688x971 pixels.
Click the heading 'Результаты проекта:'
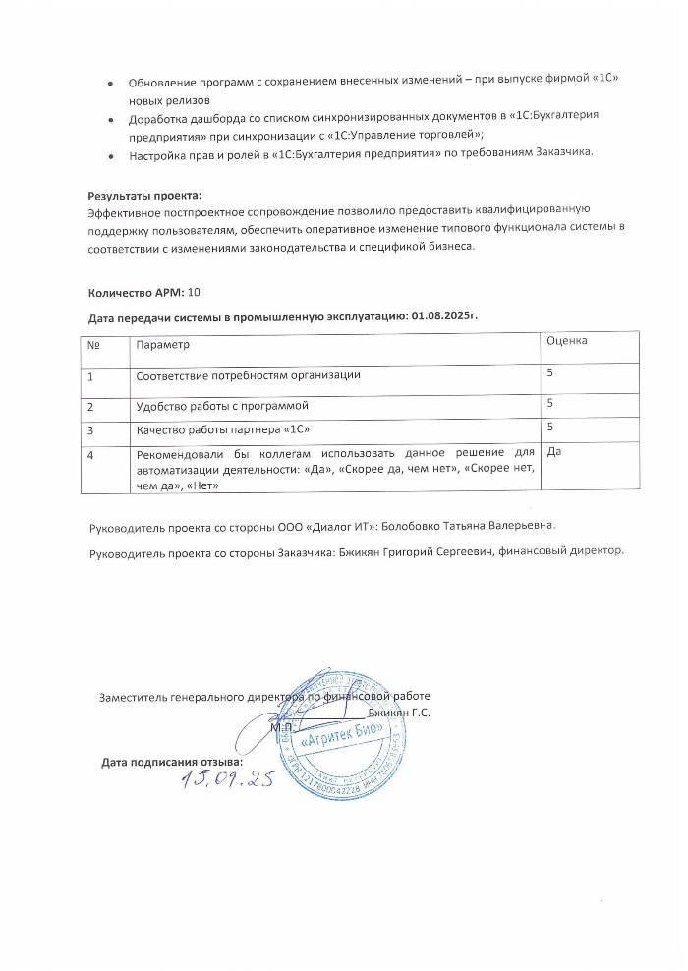pos(143,196)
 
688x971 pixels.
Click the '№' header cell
pos(93,345)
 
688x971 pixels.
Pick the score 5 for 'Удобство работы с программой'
pos(550,403)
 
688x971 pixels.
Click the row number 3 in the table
pos(91,429)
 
